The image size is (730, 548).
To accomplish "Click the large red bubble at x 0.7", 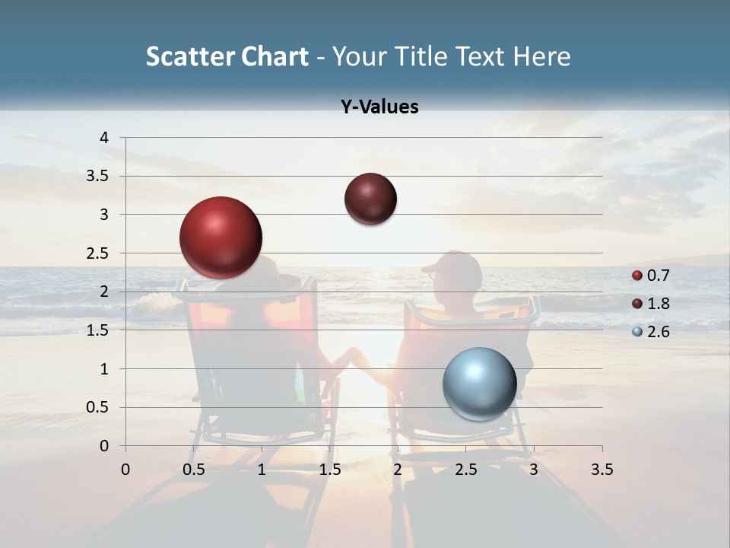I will pyautogui.click(x=221, y=237).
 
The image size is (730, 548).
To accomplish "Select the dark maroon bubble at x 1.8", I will pyautogui.click(x=370, y=199).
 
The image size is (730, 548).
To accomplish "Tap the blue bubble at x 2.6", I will pyautogui.click(x=479, y=384).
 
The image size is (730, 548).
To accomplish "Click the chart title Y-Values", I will pyautogui.click(x=379, y=107).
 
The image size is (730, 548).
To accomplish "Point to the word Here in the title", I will pyautogui.click(x=541, y=56).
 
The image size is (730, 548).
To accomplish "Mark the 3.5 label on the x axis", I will pyautogui.click(x=601, y=470).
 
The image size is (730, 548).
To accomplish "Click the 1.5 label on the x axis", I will pyautogui.click(x=329, y=470).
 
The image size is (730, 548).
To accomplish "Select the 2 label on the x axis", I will pyautogui.click(x=398, y=470).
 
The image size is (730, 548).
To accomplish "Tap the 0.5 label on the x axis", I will pyautogui.click(x=194, y=470).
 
